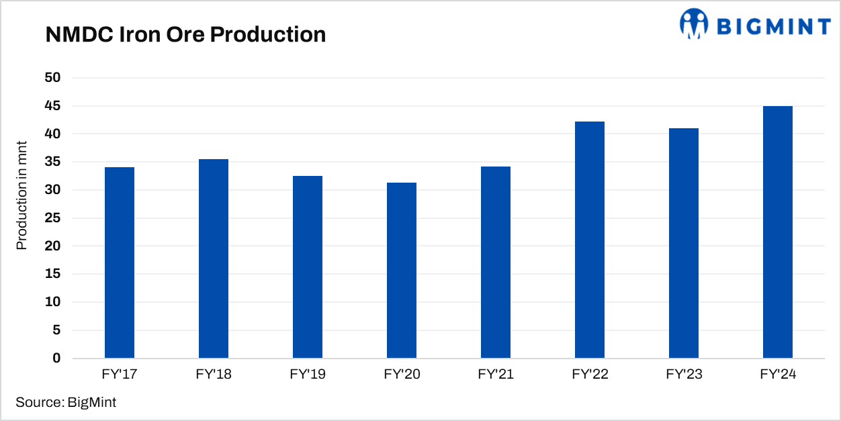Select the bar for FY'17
click(x=120, y=263)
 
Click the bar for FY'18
click(x=214, y=259)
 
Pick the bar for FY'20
click(x=402, y=271)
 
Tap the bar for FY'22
click(x=590, y=240)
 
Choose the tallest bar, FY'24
click(x=778, y=232)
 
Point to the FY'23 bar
click(x=684, y=243)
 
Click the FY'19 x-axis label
click(x=308, y=375)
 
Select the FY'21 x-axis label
click(x=496, y=375)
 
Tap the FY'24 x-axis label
click(x=778, y=375)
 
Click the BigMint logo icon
click(x=694, y=24)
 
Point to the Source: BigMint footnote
click(x=66, y=403)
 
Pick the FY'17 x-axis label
click(x=120, y=375)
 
